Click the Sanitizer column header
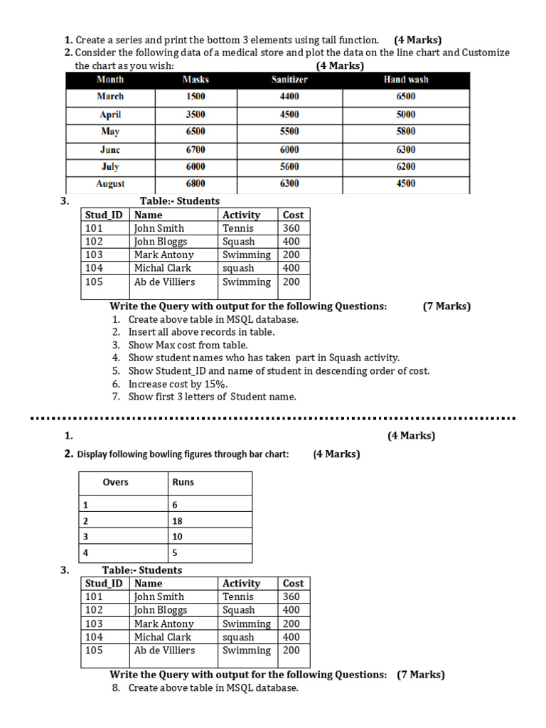coord(289,80)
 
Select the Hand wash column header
coord(406,80)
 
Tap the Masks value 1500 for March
coord(196,97)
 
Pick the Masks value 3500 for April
coord(196,114)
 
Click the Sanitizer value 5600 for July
coord(289,166)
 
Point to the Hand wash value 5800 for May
coord(406,132)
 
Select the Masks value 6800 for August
coord(196,183)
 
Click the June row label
coord(110,149)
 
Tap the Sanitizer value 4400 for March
coord(289,97)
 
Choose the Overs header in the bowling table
coord(115,482)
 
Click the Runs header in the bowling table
coord(183,482)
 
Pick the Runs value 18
coord(177,520)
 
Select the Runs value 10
coord(177,537)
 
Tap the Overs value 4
coord(85,553)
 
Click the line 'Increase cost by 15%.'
coord(178,384)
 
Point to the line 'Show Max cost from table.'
coord(188,345)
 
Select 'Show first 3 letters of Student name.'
coord(212,397)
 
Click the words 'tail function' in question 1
coord(350,41)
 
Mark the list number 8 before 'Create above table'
coord(115,688)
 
